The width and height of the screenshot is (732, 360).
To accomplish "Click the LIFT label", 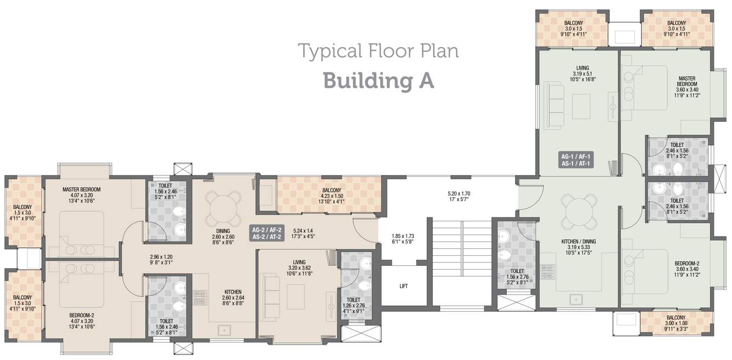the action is coord(404,286).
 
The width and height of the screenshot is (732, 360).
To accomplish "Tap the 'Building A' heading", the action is coord(379,81).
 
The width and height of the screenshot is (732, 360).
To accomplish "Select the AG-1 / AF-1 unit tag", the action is coord(576,160).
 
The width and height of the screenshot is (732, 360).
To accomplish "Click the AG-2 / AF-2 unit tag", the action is coord(266,233).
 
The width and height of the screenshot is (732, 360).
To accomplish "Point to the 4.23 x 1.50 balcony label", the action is coord(331,196).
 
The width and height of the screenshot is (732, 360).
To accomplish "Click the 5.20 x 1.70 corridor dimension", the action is coord(459,196).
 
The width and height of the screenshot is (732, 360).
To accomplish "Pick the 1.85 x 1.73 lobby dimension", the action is coord(403,238).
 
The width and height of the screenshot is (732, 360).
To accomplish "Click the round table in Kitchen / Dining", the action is coord(579,212).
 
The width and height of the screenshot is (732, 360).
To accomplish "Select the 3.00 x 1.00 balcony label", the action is coord(676,323).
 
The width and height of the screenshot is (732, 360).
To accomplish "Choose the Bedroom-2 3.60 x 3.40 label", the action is coord(687,269).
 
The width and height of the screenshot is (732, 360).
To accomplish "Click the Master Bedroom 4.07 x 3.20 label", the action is coord(82,195).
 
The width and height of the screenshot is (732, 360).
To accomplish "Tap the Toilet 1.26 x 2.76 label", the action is coord(353,305).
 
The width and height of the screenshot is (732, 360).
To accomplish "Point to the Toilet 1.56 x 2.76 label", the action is coord(517,277).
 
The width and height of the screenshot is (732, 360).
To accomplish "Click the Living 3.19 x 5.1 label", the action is coord(582,73).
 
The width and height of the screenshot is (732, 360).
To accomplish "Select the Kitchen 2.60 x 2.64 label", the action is coord(233,298).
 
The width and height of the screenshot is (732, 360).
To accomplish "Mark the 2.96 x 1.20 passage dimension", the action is coord(161,260).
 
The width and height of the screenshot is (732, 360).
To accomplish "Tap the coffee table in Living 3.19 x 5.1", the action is coord(581,106).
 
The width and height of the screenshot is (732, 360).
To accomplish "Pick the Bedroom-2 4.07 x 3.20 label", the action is coord(82,321).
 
